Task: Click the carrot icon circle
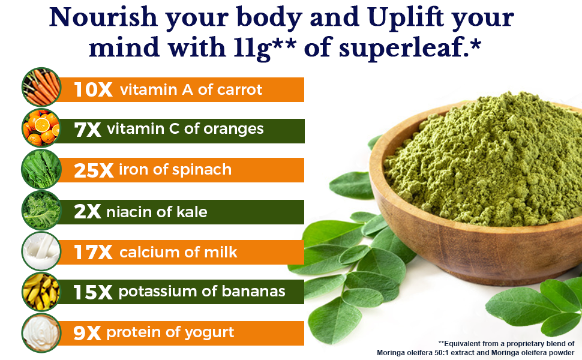tap(41, 88)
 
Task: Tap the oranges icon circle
tap(41, 128)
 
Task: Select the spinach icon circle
tap(41, 169)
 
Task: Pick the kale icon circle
tap(41, 211)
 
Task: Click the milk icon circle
tap(41, 251)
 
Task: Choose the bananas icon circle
tap(41, 292)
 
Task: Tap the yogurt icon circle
tap(41, 332)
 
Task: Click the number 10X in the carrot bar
tap(93, 90)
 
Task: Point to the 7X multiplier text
tap(88, 130)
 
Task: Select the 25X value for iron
tap(94, 171)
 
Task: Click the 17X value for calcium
tap(93, 253)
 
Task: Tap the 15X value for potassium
tap(93, 293)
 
